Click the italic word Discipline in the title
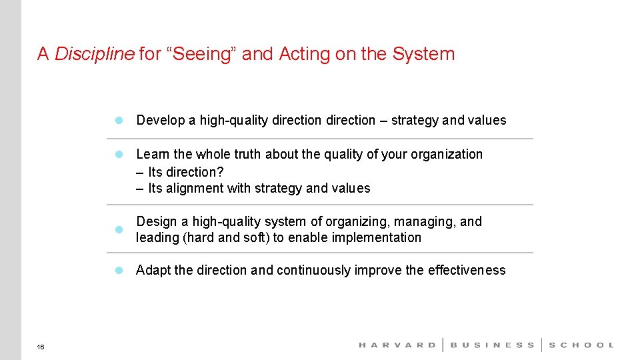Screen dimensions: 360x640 (x=94, y=54)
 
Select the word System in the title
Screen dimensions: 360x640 (x=423, y=54)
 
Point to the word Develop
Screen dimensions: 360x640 (x=160, y=120)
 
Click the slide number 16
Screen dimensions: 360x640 (x=41, y=347)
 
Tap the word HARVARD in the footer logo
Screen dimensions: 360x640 (x=397, y=345)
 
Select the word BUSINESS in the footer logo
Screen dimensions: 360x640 (x=493, y=345)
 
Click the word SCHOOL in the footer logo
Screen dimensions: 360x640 (x=581, y=345)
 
